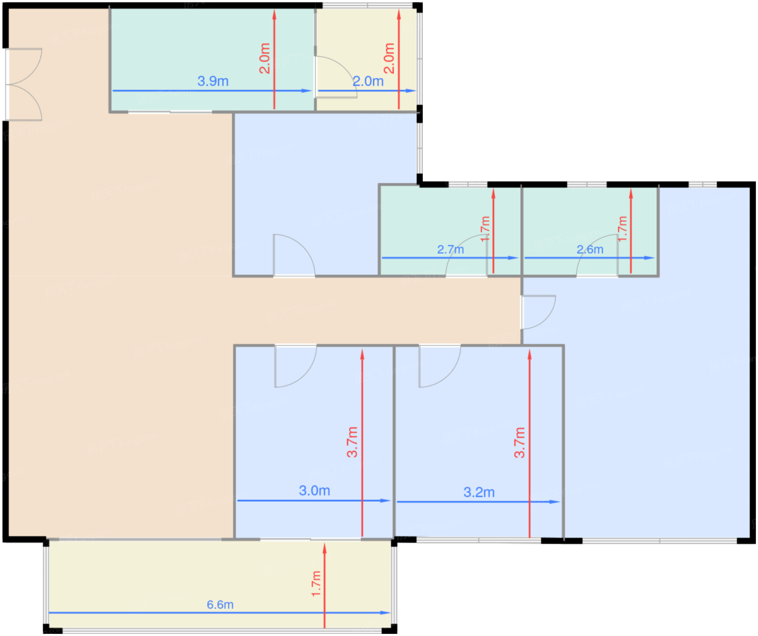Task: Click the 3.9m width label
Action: coord(213,81)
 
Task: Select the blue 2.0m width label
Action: coord(368,81)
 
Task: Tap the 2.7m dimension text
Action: coord(450,249)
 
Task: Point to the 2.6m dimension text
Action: coord(590,249)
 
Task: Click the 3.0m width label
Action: coord(315,491)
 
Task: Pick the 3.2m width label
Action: coord(479,492)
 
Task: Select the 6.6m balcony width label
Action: coord(220,605)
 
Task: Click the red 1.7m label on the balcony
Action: coord(316,584)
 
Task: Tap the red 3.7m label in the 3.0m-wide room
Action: coord(352,442)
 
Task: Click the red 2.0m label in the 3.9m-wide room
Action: coord(265,59)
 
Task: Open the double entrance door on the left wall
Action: coord(24,84)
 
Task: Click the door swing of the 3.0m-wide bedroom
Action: coord(295,366)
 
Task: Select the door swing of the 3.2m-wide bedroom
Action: coord(439,366)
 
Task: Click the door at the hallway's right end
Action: coord(539,312)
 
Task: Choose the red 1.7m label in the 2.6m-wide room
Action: coord(623,229)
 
